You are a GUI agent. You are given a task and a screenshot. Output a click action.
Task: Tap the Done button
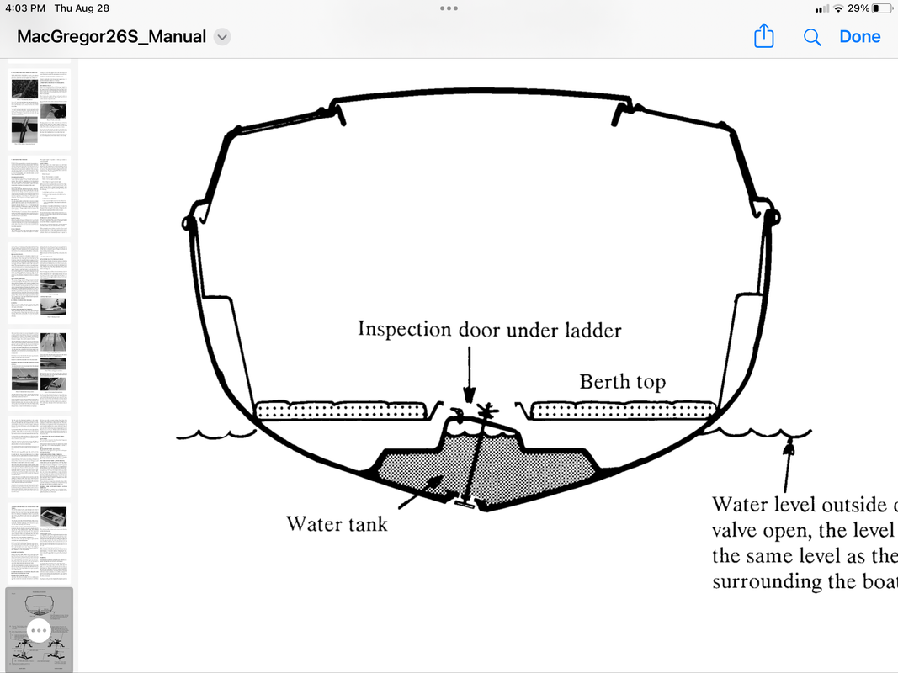point(859,37)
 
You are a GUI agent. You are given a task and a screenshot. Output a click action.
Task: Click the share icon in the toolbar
point(763,36)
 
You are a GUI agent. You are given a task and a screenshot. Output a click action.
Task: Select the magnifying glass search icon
point(812,37)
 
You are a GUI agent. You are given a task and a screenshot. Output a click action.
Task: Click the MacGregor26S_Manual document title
point(111,37)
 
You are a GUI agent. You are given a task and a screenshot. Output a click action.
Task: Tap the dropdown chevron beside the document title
point(222,37)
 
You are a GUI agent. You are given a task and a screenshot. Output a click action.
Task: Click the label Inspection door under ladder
point(489,329)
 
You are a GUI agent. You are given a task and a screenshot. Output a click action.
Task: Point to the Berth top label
point(622,382)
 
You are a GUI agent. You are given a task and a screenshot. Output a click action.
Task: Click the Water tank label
point(337,523)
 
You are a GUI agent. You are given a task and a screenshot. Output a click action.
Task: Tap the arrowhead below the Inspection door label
point(470,395)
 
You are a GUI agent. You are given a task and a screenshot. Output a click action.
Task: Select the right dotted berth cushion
point(623,411)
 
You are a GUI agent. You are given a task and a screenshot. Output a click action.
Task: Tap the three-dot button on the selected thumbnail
point(39,629)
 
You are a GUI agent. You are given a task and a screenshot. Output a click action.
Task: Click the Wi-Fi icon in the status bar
point(838,8)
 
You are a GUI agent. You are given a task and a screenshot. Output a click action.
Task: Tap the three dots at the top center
point(449,8)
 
